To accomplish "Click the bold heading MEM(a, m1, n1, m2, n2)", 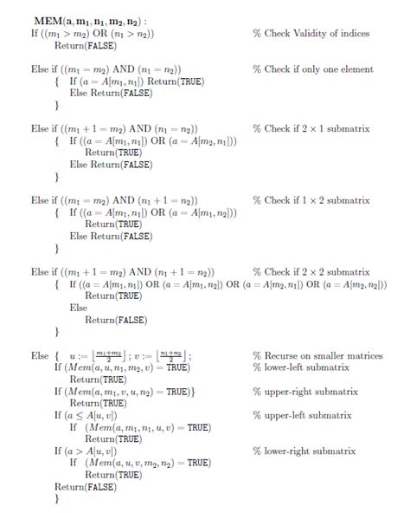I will (90, 20).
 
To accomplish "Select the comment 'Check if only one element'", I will (312, 69).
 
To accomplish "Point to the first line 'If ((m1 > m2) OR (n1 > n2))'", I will (93, 33).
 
